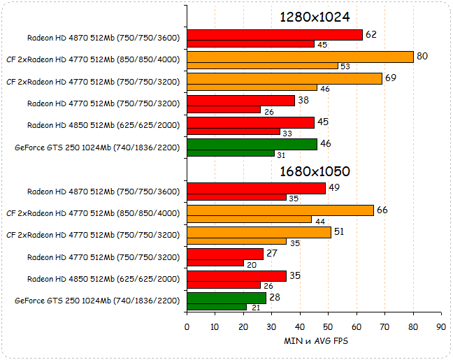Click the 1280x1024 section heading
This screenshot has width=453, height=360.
(315, 17)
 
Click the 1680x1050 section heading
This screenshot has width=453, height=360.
(315, 171)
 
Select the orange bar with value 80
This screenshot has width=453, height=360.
(300, 57)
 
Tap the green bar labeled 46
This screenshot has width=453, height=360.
(252, 144)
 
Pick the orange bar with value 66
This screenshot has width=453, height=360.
(280, 210)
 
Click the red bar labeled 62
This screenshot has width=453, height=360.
(275, 35)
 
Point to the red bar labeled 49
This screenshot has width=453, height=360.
(256, 188)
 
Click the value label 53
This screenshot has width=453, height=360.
(345, 66)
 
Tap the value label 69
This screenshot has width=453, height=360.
(391, 77)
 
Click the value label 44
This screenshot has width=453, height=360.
(319, 221)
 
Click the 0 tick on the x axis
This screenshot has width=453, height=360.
(187, 327)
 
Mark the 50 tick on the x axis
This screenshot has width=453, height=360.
(328, 327)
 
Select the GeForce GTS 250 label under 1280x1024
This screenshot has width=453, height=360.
(97, 147)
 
